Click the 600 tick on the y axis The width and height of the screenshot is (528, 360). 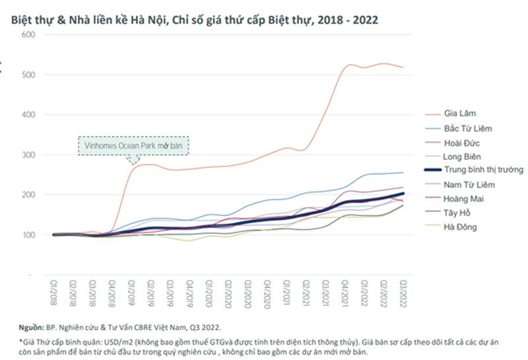pyautogui.click(x=26, y=34)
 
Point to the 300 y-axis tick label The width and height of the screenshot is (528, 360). pyautogui.click(x=26, y=155)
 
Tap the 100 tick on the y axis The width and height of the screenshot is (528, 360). pyautogui.click(x=26, y=235)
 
